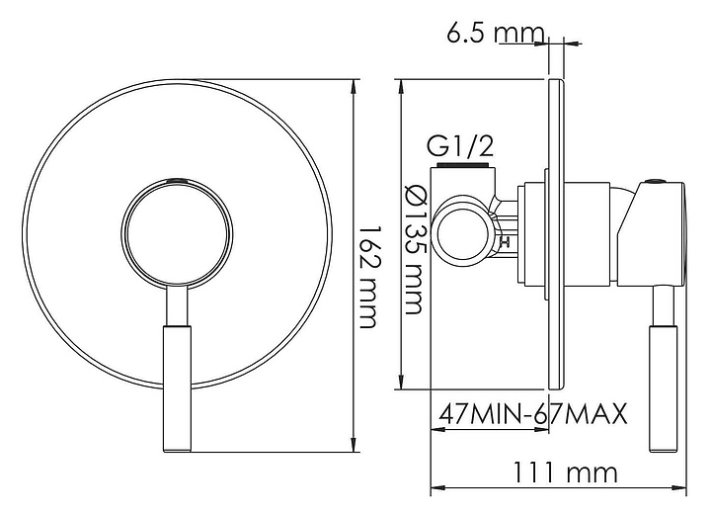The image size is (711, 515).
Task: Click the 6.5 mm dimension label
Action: (x=495, y=33)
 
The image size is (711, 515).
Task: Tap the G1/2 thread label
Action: (x=460, y=145)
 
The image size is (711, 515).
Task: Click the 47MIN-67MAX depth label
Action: (x=533, y=413)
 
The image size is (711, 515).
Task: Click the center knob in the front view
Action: (x=178, y=233)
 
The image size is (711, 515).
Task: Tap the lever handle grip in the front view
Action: (x=177, y=388)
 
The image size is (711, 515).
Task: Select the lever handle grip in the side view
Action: (x=663, y=388)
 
